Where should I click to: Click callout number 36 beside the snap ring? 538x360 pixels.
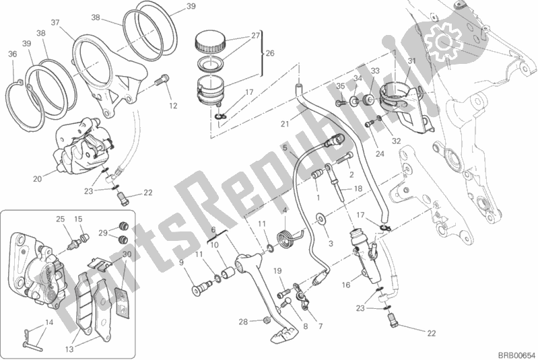click(12, 55)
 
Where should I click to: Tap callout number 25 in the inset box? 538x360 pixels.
click(59, 219)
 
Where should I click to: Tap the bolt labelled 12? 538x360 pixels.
click(160, 83)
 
